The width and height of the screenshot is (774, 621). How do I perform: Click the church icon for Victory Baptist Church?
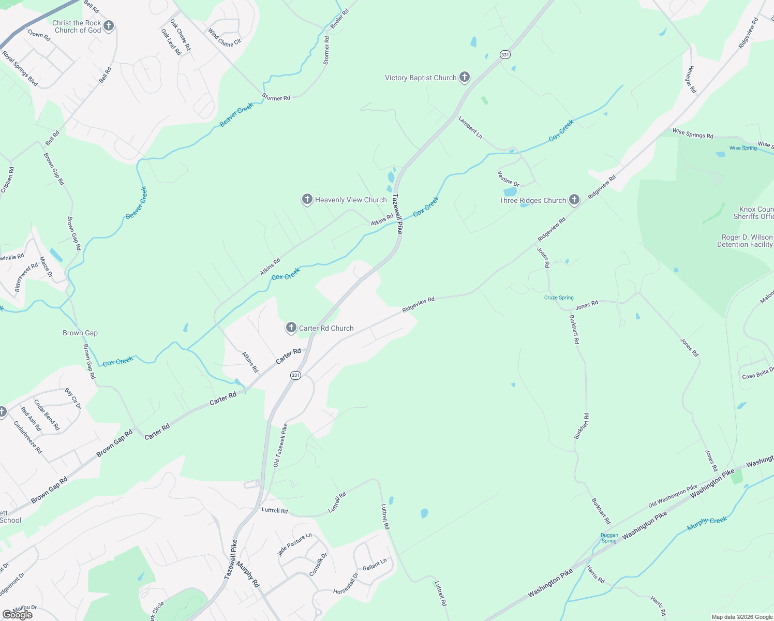465,78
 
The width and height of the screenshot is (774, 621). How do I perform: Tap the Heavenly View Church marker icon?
307,199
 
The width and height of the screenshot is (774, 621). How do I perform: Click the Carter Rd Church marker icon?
291,327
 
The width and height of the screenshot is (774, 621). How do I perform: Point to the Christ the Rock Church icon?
108,26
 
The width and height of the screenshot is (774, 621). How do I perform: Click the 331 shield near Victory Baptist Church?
505,54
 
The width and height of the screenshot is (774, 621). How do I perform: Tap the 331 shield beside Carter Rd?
295,375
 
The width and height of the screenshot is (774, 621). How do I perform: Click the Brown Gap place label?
80,333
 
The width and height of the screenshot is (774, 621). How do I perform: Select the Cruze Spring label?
559,298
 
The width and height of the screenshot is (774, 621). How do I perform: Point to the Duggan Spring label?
609,538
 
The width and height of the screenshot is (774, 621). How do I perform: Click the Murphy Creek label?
707,523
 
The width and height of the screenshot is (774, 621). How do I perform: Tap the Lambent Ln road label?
470,127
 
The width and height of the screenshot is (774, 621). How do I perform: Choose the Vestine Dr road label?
508,178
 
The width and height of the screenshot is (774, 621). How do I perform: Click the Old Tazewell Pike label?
280,445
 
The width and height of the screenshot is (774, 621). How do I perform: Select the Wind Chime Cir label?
225,37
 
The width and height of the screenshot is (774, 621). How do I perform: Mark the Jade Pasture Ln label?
294,544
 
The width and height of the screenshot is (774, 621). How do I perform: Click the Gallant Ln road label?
375,565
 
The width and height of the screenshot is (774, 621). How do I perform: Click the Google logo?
18,614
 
